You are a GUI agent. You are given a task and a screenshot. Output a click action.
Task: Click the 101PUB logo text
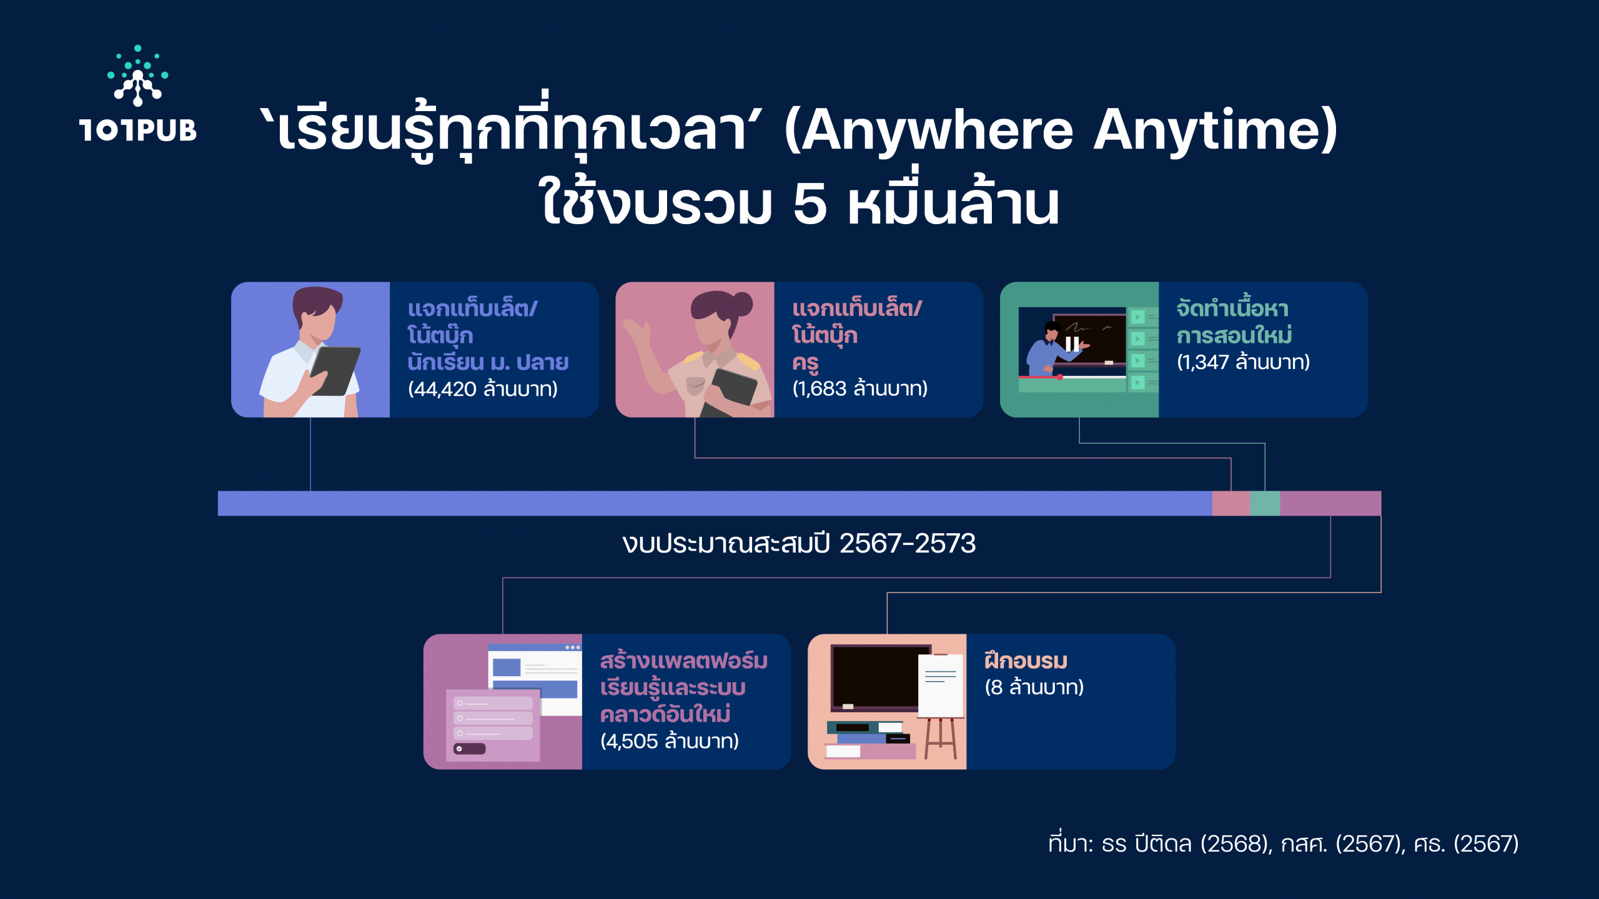coord(138,130)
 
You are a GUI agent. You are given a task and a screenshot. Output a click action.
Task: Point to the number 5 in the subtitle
coord(809,205)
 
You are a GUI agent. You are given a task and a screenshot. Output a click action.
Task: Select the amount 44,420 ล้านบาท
coord(482,389)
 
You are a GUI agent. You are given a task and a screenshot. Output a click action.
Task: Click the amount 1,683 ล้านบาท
coord(859,389)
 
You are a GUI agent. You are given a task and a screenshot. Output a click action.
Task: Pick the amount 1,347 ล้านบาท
coord(1243,362)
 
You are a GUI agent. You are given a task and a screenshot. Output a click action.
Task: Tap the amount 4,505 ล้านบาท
coord(669,741)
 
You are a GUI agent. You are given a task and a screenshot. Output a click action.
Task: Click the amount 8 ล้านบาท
coord(1034,687)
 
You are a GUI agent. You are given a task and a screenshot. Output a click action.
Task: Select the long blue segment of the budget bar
coord(715,503)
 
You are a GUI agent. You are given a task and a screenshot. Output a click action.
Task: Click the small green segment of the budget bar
coord(1265,503)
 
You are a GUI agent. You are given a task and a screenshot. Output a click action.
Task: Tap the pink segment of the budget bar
coord(1231,503)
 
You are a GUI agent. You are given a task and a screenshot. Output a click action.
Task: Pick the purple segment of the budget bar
coord(1330,503)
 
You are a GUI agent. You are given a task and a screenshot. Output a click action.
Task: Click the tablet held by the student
coord(336,371)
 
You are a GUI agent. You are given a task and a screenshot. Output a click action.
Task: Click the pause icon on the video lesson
coord(1072,344)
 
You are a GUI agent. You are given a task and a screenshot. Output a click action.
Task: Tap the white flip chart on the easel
coord(941,685)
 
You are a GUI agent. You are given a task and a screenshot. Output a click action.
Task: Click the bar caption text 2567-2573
coord(907,544)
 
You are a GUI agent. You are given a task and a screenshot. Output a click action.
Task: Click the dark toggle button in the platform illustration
coord(469,749)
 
